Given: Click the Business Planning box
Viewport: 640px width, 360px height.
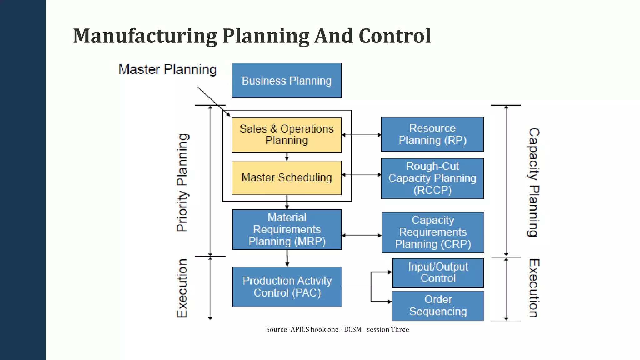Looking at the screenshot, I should coord(287,80).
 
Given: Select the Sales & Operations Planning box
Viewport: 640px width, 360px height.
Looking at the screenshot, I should coord(287,135).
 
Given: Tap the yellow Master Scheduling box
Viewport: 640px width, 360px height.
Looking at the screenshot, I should coord(287,177).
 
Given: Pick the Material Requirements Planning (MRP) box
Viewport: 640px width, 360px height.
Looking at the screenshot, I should coord(287,229).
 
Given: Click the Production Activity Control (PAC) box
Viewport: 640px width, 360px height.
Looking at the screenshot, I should coord(287,287).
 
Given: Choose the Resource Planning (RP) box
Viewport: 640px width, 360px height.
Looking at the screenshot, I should coord(432,134).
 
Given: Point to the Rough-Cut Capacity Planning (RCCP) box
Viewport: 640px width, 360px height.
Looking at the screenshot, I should coord(432,178).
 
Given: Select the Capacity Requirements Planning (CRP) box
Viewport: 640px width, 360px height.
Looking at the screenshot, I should coord(433,232).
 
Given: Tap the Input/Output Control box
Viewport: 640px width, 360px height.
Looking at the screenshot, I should coord(438,272).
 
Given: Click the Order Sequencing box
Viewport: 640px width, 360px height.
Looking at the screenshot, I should coord(438,306).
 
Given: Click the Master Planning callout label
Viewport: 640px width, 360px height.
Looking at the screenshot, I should coord(167,69).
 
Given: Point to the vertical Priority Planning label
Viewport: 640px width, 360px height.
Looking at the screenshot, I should coord(182,182).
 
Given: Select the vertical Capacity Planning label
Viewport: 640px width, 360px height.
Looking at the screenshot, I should coord(533,182).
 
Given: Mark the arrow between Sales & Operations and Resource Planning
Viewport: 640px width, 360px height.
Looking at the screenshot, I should coord(361,135).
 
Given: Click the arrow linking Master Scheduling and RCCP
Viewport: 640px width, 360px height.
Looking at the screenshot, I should coord(361,175).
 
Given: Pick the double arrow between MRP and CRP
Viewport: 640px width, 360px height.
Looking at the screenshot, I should coord(362,235).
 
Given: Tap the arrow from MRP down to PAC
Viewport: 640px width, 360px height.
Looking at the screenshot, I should coord(287,258).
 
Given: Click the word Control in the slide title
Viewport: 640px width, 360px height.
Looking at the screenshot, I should coord(395,36).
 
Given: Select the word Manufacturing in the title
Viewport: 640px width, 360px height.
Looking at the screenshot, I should coord(145,36).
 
